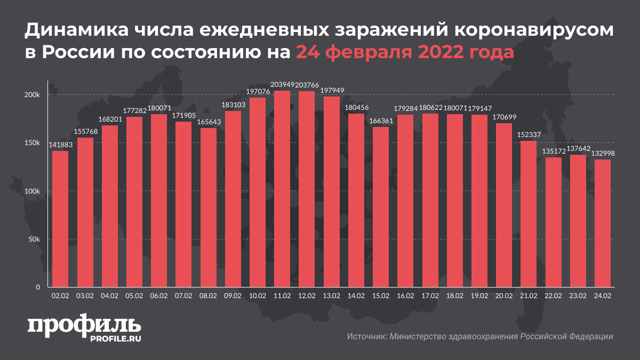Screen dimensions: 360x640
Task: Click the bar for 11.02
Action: pyautogui.click(x=282, y=189)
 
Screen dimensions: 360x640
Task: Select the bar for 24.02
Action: pyautogui.click(x=603, y=223)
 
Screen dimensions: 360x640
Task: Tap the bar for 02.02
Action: pyautogui.click(x=60, y=219)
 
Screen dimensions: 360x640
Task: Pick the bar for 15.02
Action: pyautogui.click(x=380, y=207)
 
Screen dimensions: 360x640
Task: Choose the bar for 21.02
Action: pyautogui.click(x=528, y=214)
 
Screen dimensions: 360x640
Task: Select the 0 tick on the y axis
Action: pyautogui.click(x=38, y=287)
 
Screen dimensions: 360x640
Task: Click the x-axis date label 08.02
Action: pyautogui.click(x=208, y=295)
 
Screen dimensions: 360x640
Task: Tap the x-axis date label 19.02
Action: pyautogui.click(x=479, y=295)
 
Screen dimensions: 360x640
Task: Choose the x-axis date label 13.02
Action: pyautogui.click(x=331, y=295)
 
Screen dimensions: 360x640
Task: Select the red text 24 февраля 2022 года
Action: pyautogui.click(x=405, y=53)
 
